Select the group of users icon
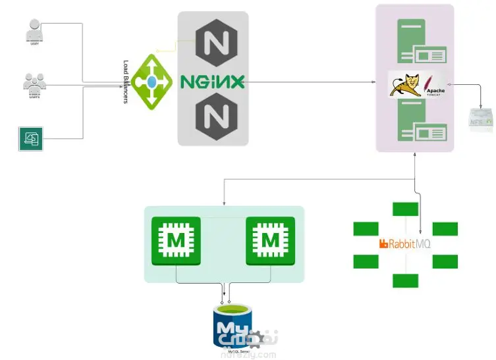pyautogui.click(x=34, y=83)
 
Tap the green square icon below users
pyautogui.click(x=30, y=139)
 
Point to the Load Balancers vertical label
pyautogui.click(x=126, y=82)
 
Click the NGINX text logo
pyautogui.click(x=212, y=82)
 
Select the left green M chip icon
pyautogui.click(x=176, y=240)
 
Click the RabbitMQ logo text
pyautogui.click(x=404, y=244)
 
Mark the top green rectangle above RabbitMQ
pyautogui.click(x=405, y=210)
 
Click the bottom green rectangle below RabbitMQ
pyautogui.click(x=405, y=280)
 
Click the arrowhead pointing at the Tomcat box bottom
pyautogui.click(x=415, y=155)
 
